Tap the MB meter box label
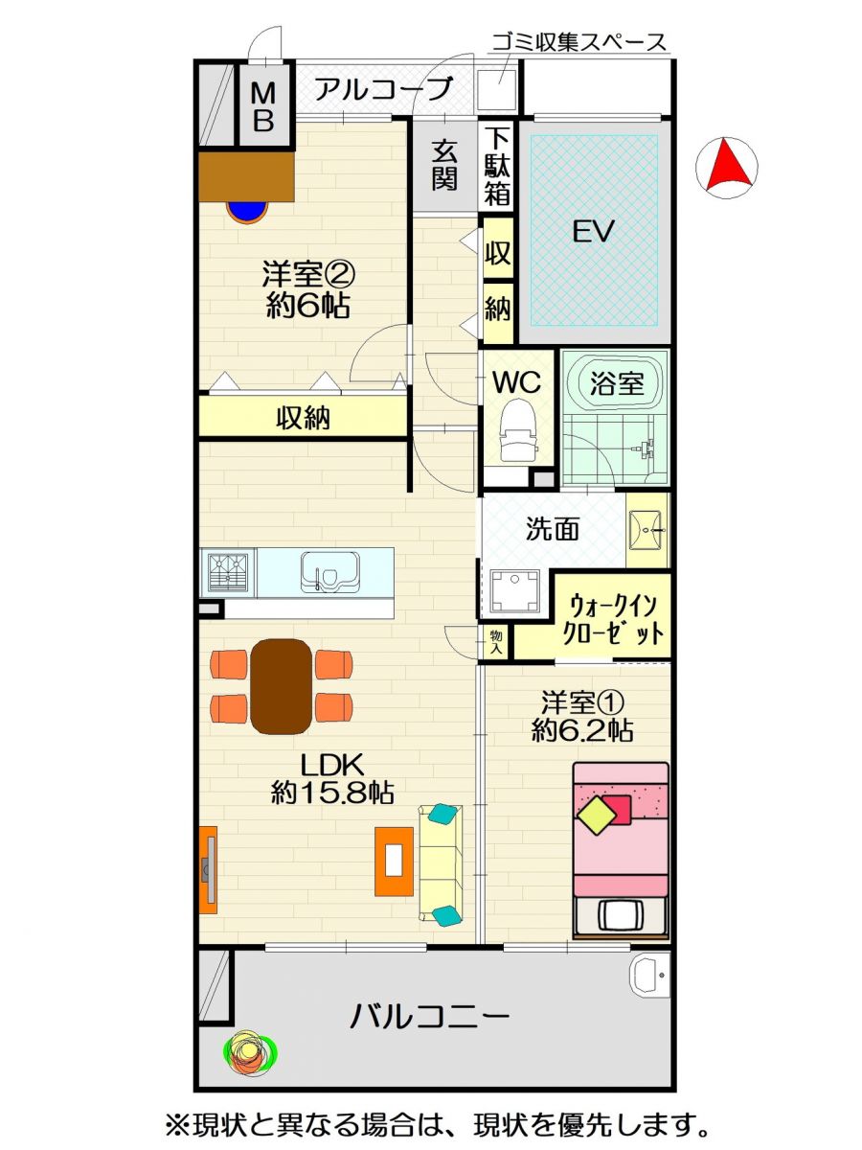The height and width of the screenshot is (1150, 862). coord(263,107)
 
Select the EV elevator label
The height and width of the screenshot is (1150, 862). coord(593,232)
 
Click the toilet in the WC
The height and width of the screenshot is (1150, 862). coord(518,430)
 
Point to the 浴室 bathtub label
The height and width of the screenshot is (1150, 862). coord(617,383)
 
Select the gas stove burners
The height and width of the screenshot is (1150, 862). coord(228,573)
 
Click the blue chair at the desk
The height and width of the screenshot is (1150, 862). coord(247,212)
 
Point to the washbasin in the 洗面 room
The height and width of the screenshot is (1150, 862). coord(647,530)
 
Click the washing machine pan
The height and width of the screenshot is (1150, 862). coord(515,591)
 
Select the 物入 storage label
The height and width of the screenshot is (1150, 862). coord(496,642)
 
